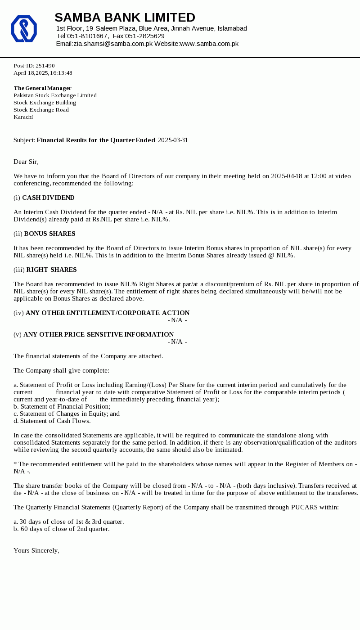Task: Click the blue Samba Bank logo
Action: [24, 29]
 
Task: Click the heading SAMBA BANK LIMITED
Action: [125, 18]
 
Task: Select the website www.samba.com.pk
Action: [209, 44]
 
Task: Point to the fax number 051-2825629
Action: [145, 36]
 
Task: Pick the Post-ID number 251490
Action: [45, 66]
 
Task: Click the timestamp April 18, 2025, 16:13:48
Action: [43, 73]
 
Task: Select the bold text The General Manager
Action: [42, 88]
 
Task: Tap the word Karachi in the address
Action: [23, 117]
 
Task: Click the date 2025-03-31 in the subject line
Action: [173, 140]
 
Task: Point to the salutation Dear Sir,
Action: [26, 162]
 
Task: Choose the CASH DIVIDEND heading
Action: [48, 198]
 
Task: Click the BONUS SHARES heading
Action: [49, 234]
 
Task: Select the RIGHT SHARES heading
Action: [51, 270]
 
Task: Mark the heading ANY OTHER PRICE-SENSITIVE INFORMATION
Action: [99, 334]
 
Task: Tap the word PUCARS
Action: [304, 507]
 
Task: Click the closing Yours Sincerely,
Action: [36, 550]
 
